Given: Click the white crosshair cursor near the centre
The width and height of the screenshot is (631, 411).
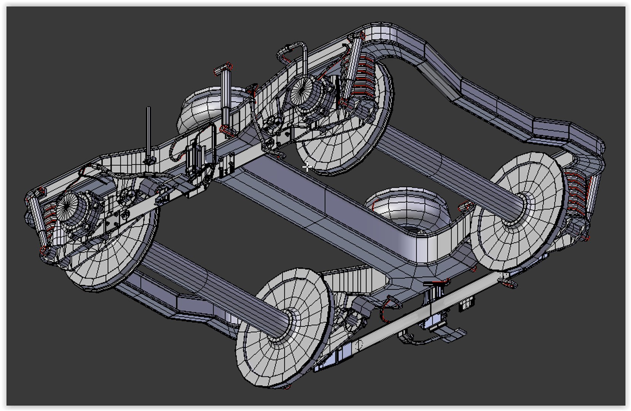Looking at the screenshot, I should coord(307,167).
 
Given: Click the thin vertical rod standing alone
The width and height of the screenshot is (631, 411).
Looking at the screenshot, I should coord(148,133).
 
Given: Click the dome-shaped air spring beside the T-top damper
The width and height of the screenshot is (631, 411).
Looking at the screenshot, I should coord(207,108).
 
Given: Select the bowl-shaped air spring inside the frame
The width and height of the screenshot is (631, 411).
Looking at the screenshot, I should coord(409,209).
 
